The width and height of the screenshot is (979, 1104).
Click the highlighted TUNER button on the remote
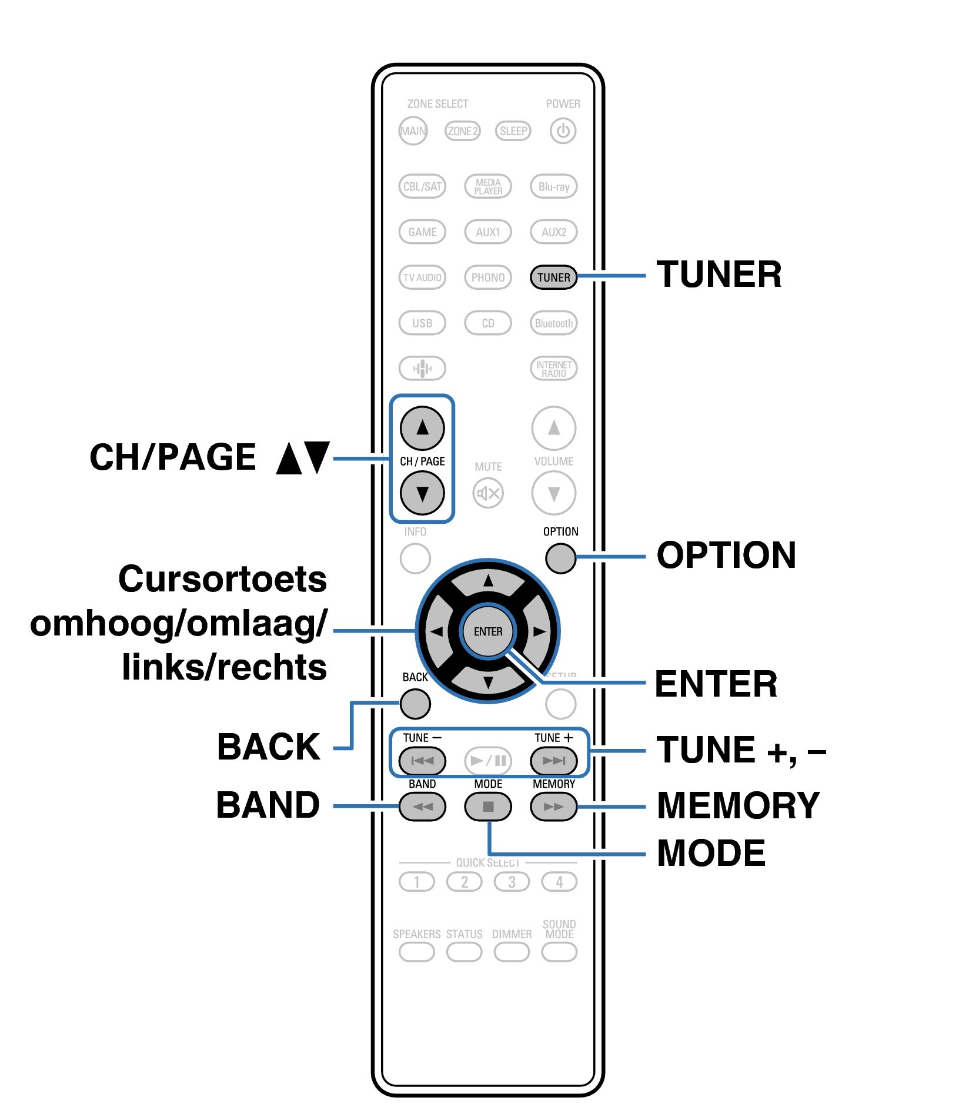553,277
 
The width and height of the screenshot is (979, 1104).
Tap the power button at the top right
563,131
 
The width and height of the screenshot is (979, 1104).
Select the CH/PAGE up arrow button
422,427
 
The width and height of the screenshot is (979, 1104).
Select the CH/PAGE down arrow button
422,493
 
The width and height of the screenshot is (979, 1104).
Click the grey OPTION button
560,558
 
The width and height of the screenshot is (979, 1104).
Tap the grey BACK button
415,704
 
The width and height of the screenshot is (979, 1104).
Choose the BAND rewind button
422,807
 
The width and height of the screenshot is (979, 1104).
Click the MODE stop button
488,807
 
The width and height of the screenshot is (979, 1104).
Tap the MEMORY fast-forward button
553,807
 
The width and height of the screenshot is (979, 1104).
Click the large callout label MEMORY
738,805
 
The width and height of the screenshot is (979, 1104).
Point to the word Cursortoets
222,579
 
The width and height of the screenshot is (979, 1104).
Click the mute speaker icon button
488,493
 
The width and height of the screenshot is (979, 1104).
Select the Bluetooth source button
553,323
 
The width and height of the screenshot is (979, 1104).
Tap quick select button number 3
512,882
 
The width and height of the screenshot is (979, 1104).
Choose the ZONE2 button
463,131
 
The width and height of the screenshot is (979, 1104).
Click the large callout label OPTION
726,555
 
